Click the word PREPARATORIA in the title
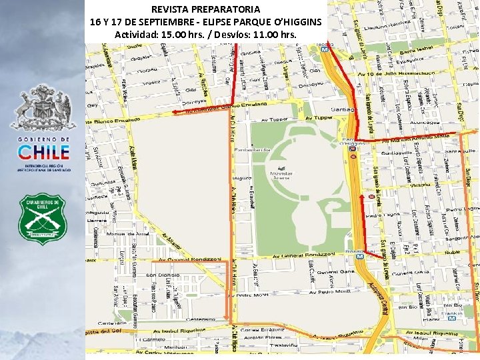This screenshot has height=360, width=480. tap(223, 9)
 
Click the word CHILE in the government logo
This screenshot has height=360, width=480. tap(43, 152)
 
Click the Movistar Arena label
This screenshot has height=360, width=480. tap(281, 175)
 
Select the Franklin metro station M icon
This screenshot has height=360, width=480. tap(453, 318)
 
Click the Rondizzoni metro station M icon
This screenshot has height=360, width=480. tap(360, 255)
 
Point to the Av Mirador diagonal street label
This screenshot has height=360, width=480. tap(172, 239)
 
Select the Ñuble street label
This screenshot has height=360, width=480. tap(454, 253)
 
